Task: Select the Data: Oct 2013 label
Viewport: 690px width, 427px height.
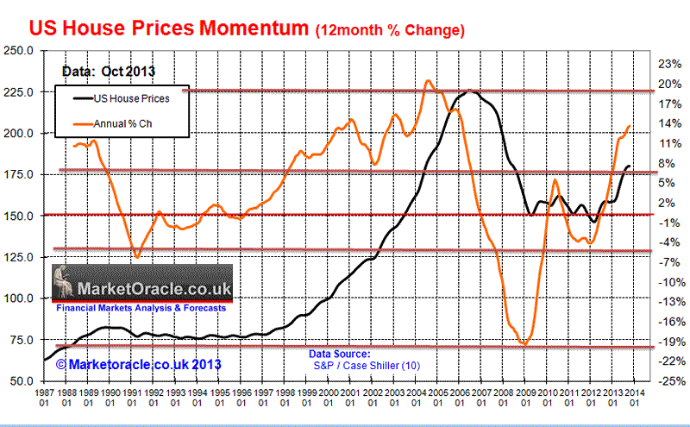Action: [101, 72]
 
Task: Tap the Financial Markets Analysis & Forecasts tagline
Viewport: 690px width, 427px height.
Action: [141, 307]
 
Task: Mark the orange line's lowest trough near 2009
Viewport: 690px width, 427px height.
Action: [524, 345]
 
